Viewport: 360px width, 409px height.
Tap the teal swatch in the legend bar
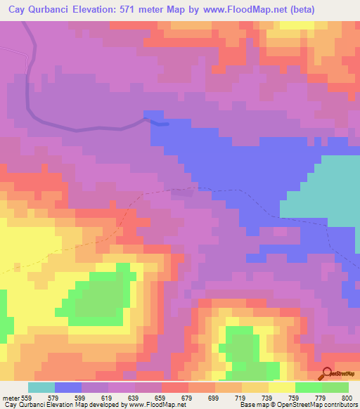pyautogui.click(x=41, y=387)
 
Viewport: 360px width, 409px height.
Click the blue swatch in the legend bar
pyautogui.click(x=68, y=387)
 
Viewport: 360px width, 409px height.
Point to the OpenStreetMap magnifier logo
pyautogui.click(x=326, y=373)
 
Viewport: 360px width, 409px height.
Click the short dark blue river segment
pyautogui.click(x=160, y=123)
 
